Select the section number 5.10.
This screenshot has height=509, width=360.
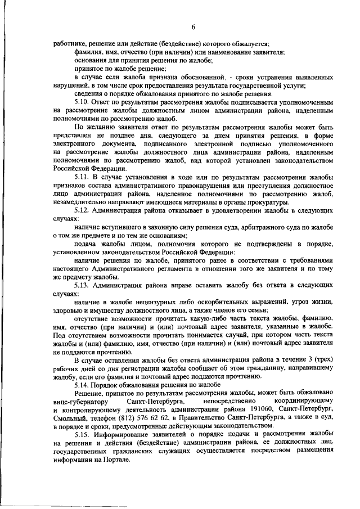pos(82,103)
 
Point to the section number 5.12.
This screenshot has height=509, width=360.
pos(82,209)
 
